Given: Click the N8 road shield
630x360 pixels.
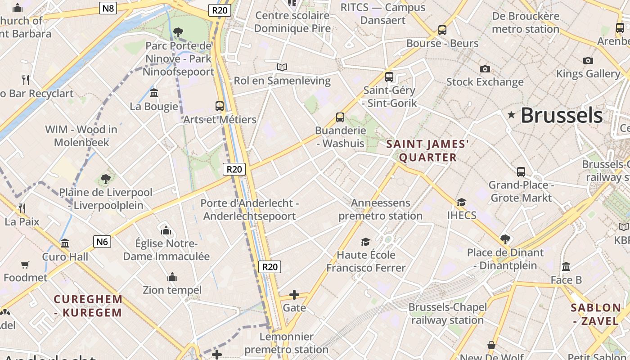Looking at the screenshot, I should [x=108, y=8].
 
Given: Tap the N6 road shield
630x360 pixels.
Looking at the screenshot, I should [x=102, y=242].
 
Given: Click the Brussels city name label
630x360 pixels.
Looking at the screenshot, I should [x=562, y=115].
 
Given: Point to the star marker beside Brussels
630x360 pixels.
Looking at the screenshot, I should [x=511, y=115].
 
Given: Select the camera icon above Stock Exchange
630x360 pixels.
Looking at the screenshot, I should [x=485, y=69].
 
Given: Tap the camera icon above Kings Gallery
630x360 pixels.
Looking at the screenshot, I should [x=588, y=60].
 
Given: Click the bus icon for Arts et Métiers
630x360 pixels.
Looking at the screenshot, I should [x=220, y=106].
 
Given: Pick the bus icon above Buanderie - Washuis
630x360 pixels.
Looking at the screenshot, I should [x=340, y=117].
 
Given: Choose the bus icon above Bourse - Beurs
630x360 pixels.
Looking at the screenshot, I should [x=442, y=30].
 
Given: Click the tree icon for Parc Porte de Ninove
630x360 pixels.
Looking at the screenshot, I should [x=178, y=32].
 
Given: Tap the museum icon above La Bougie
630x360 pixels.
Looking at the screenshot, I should [x=154, y=93].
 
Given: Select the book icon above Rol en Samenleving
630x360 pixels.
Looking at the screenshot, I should [x=282, y=67].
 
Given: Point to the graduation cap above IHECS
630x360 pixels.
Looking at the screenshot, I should [x=461, y=202].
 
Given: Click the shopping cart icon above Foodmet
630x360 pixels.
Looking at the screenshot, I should [x=25, y=265].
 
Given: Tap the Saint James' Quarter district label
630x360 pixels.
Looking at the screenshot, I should [x=428, y=151].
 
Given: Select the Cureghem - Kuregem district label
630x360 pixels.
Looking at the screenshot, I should [x=88, y=306].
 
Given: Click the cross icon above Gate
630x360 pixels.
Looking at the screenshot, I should [x=294, y=295].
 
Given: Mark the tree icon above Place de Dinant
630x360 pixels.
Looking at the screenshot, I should [x=505, y=239].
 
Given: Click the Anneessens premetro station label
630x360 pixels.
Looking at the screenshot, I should [x=380, y=209].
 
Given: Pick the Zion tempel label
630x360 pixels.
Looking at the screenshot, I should [x=172, y=290].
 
